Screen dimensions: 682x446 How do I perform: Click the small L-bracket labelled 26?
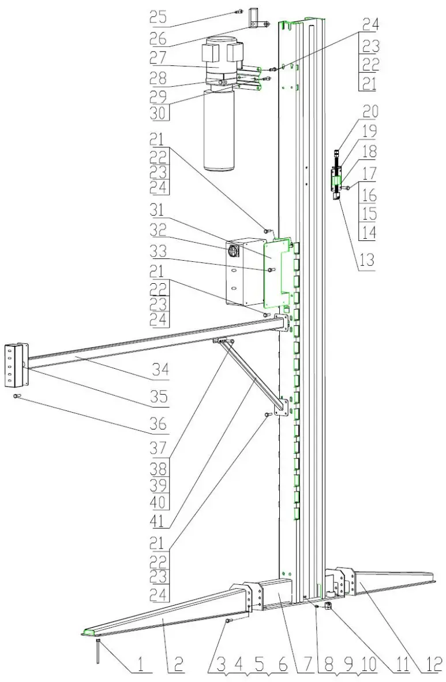click(255, 18)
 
